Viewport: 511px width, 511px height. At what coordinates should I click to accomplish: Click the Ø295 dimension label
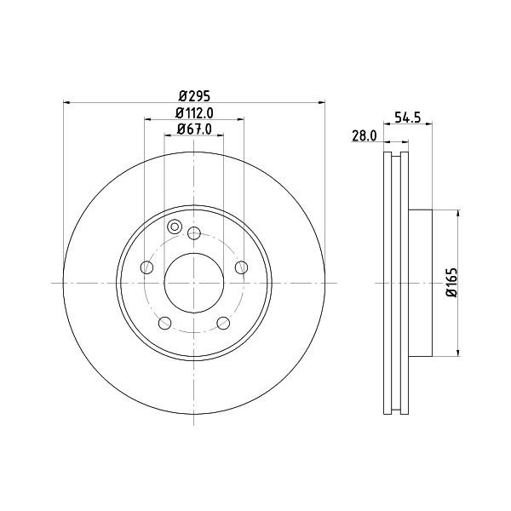[x=194, y=96]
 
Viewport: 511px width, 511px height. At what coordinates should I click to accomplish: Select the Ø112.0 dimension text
[x=194, y=113]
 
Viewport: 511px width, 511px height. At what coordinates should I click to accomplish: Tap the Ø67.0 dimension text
[x=194, y=129]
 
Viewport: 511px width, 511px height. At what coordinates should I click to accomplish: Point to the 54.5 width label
[x=408, y=117]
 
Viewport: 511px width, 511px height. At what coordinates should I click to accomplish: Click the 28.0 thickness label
[x=365, y=136]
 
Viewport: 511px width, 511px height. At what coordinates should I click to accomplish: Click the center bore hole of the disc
[x=194, y=283]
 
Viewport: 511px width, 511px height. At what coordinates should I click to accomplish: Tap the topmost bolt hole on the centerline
[x=194, y=233]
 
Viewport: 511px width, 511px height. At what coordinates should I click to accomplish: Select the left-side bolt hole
[x=146, y=267]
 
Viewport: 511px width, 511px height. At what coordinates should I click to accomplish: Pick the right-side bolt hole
[x=242, y=267]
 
